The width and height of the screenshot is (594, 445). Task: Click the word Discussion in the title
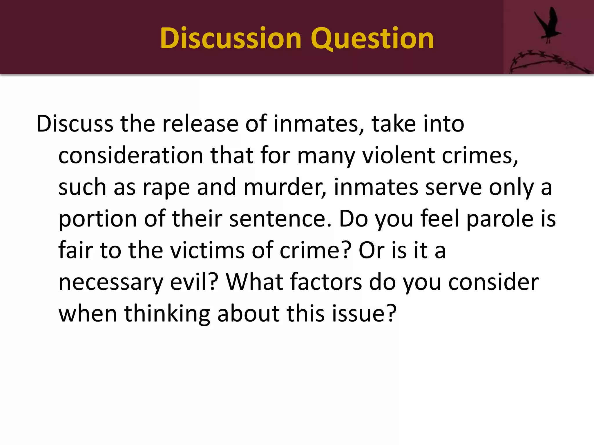pyautogui.click(x=231, y=38)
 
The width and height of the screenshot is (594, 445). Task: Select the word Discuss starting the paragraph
pyautogui.click(x=75, y=124)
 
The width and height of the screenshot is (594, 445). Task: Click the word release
pyautogui.click(x=200, y=124)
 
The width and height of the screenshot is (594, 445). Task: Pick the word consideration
pyautogui.click(x=131, y=156)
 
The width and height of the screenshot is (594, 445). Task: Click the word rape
pyautogui.click(x=166, y=188)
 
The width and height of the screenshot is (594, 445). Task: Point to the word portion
pyautogui.click(x=97, y=219)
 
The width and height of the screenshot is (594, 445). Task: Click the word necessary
pyautogui.click(x=111, y=282)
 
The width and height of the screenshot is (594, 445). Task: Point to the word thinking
pyautogui.click(x=167, y=314)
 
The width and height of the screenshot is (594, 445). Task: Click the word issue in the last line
pyautogui.click(x=364, y=313)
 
